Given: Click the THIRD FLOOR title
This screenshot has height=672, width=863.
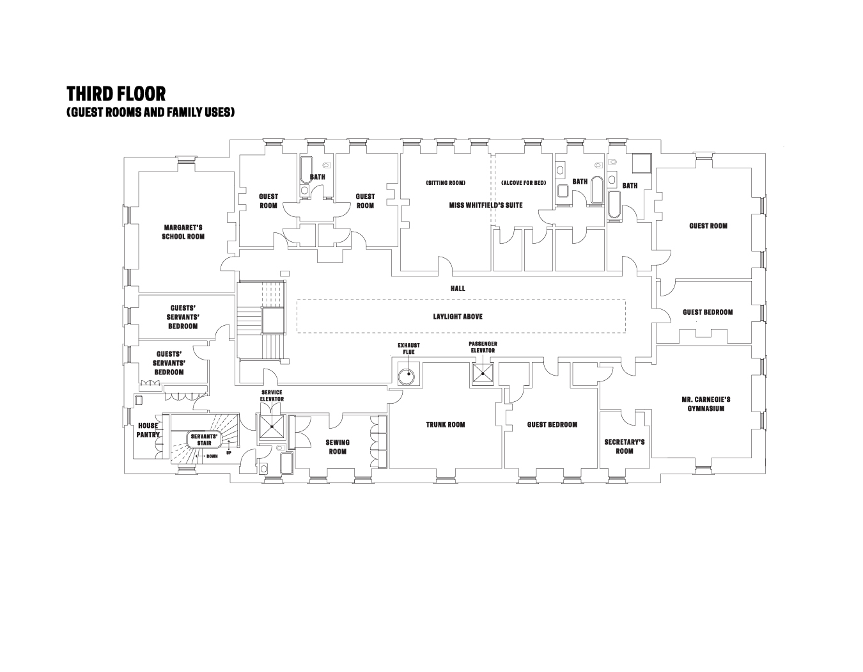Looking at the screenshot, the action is (116, 94).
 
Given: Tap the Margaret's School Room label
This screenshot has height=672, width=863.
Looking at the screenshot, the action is (183, 232).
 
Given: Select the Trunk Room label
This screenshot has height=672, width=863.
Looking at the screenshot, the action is (445, 424).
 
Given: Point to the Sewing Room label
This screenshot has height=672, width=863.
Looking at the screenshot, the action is (338, 447).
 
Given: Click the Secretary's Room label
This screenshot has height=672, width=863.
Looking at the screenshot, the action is (625, 446).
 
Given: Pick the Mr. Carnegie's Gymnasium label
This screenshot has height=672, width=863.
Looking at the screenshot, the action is (706, 404).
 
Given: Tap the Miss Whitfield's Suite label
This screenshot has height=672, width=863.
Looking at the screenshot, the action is (486, 205).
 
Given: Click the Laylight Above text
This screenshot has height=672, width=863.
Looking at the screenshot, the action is (458, 317).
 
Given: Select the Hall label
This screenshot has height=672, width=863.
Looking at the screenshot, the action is (458, 288).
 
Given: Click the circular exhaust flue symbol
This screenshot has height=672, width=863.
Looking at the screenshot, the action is (407, 376).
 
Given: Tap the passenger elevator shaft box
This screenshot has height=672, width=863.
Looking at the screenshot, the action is (483, 374).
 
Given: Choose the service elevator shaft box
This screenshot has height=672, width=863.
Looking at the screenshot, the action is (272, 426).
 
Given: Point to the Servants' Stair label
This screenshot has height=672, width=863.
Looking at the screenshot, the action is (204, 440).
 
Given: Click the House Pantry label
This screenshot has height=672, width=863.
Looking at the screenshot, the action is (148, 430).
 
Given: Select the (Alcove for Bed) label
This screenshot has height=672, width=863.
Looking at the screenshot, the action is (524, 182).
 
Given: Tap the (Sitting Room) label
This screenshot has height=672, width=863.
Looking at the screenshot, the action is (446, 182).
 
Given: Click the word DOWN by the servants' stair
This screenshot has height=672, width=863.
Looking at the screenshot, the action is (212, 456).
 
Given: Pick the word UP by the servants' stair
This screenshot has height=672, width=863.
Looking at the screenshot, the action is (229, 452).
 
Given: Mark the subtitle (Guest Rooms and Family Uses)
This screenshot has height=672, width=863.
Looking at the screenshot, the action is (150, 112).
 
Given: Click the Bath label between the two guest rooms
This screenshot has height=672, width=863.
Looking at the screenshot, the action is (317, 177).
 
